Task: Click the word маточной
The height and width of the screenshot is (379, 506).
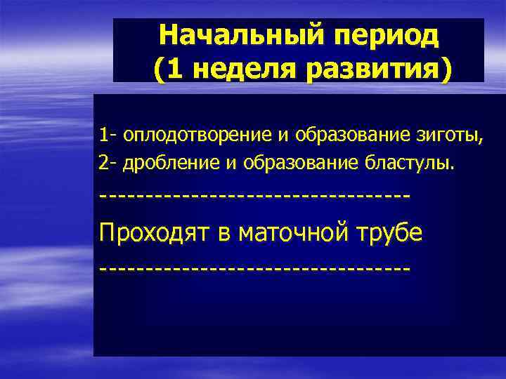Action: point(295,232)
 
